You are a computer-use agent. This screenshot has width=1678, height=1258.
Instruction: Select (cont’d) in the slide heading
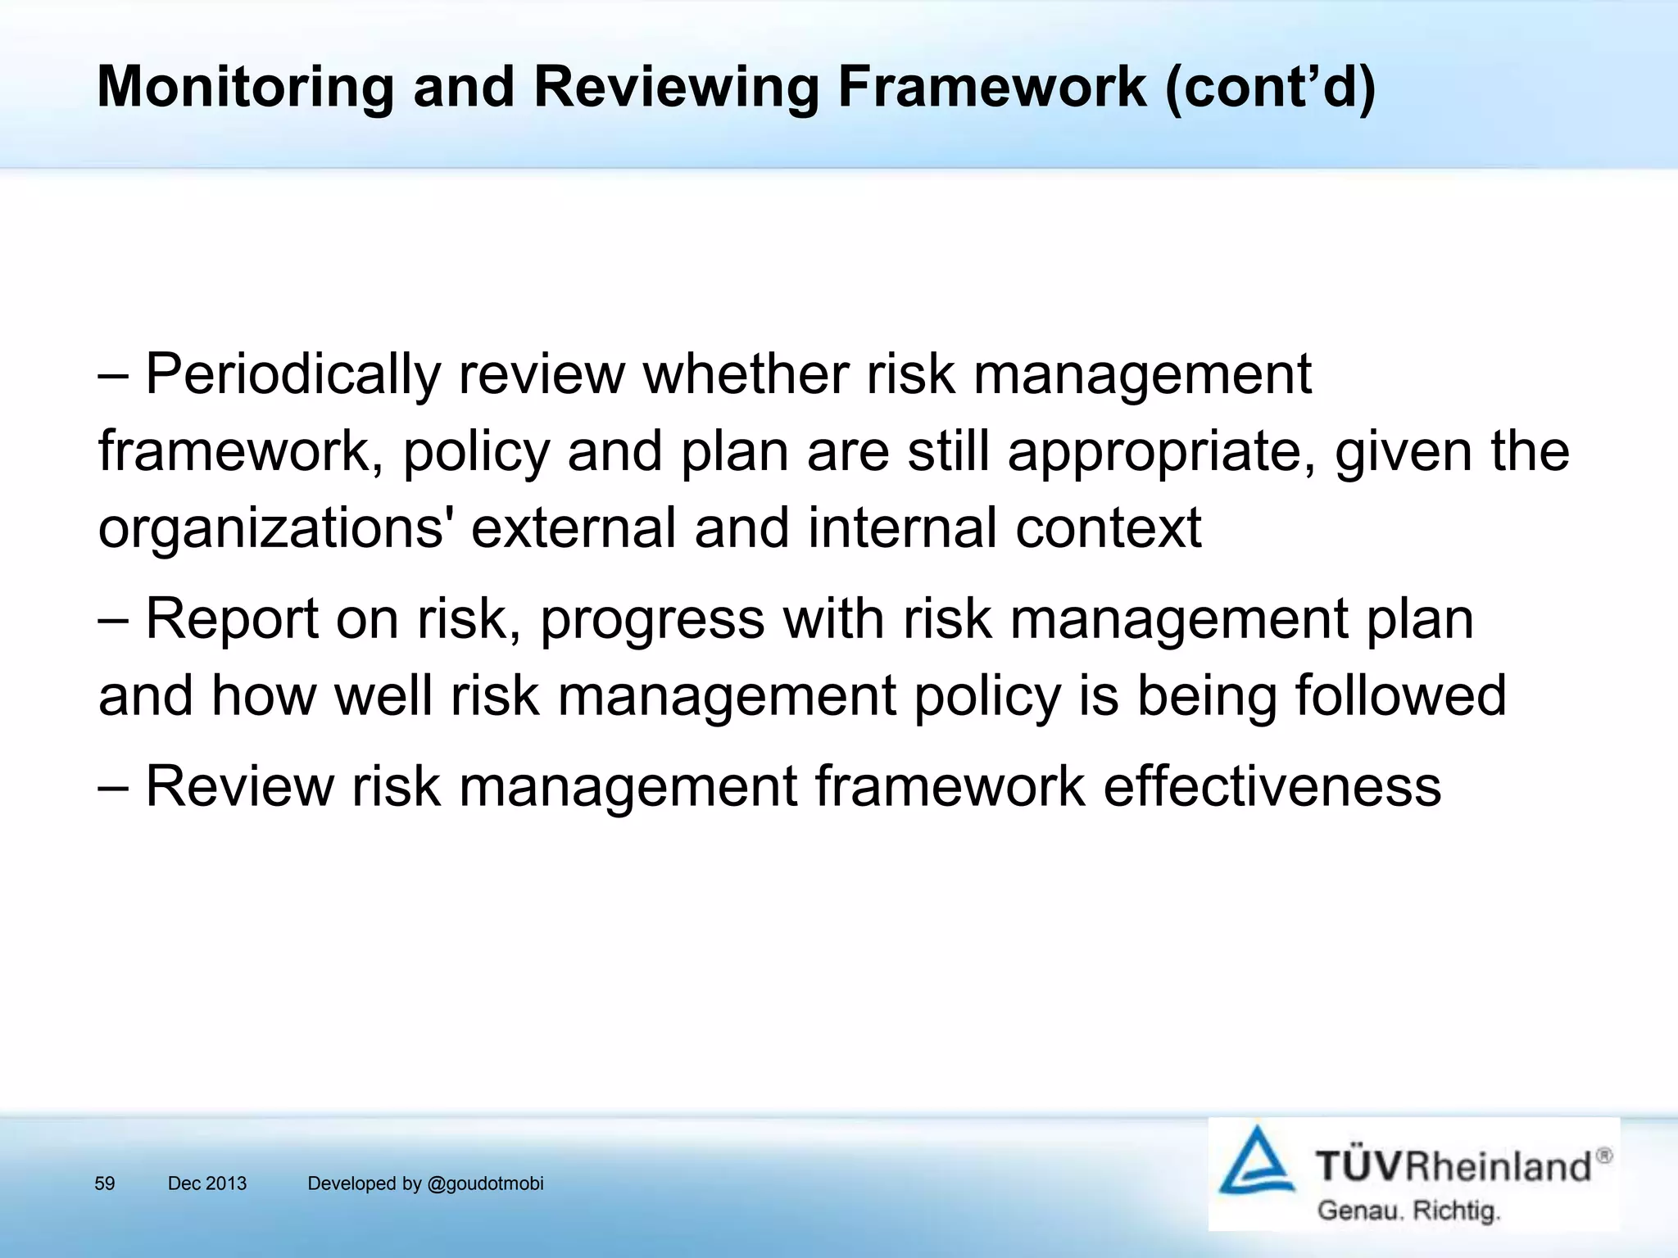(1270, 87)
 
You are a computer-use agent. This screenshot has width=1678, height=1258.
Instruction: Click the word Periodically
(293, 374)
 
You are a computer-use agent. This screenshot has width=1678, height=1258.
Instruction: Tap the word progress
(652, 620)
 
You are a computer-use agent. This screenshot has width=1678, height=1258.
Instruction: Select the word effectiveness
(1272, 786)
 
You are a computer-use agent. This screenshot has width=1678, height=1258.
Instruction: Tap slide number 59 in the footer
(105, 1183)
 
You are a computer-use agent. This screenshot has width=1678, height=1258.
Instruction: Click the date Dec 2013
(206, 1183)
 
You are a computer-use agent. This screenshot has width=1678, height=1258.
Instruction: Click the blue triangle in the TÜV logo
(1256, 1161)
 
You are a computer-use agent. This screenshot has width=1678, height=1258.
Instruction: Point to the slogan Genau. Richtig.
(1408, 1210)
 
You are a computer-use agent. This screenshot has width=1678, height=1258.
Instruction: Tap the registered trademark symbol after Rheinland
(1603, 1156)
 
